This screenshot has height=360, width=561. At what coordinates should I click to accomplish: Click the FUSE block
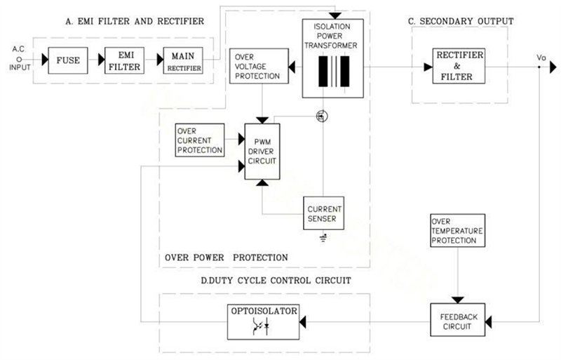tap(68, 60)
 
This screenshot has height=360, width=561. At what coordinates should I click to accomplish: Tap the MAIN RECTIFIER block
tap(182, 60)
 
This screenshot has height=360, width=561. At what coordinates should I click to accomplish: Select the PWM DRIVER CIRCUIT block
tap(260, 150)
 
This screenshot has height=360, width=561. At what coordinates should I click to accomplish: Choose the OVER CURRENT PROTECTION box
tap(200, 140)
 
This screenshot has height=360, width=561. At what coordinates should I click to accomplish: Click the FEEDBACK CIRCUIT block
tap(459, 321)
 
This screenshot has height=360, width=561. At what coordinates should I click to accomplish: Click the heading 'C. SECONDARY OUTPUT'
tap(460, 22)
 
